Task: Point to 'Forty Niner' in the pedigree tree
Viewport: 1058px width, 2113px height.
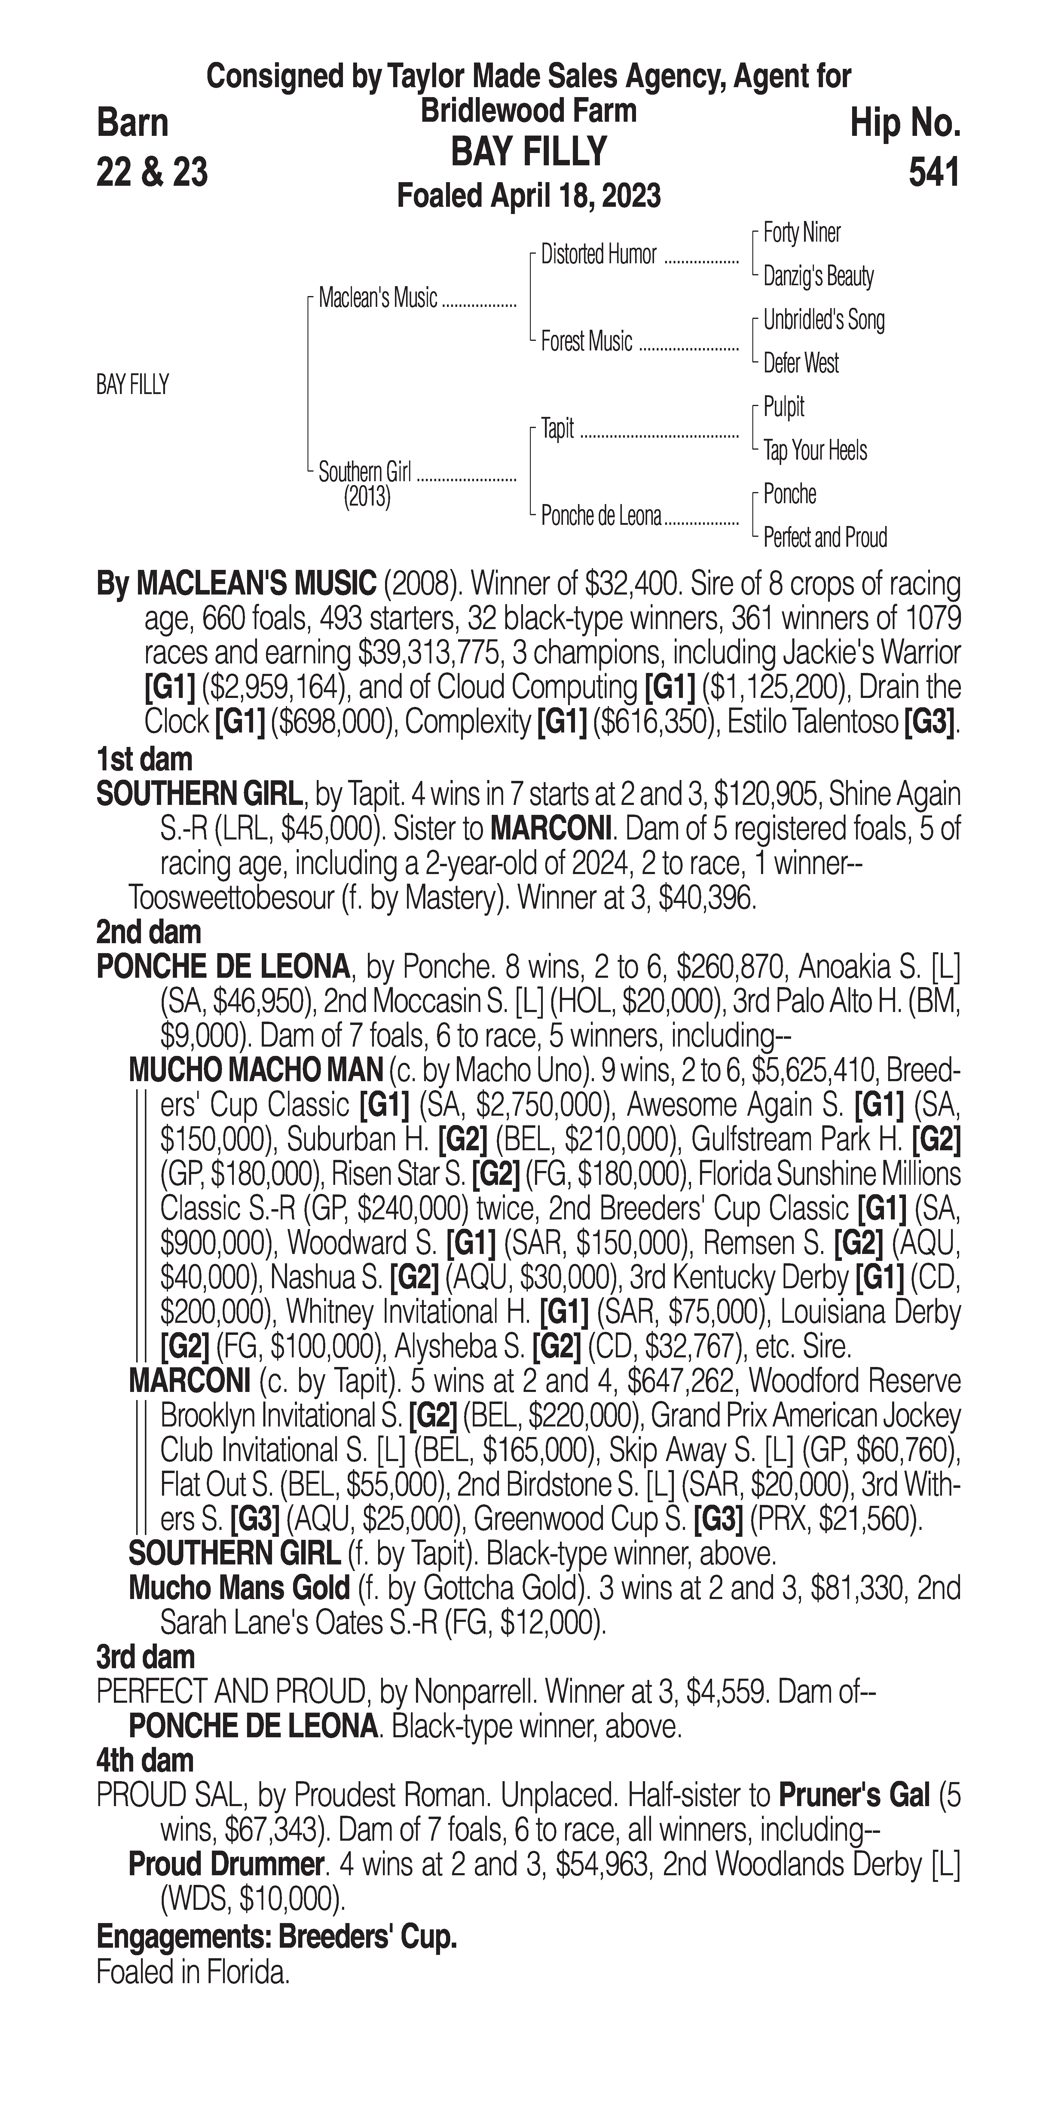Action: pos(801,233)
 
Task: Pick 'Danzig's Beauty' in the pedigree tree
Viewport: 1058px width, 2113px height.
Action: pos(818,277)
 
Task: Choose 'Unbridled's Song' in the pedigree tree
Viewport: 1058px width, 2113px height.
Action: pos(824,320)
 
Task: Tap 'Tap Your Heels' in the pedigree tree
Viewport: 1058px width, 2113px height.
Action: pos(815,450)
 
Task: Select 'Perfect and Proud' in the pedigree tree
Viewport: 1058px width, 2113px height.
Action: pos(824,538)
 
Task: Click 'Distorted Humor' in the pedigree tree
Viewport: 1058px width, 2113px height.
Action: pos(599,255)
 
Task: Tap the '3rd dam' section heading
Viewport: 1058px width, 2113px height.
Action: pos(145,1657)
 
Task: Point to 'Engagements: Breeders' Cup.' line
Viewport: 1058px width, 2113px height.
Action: pos(277,1937)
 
